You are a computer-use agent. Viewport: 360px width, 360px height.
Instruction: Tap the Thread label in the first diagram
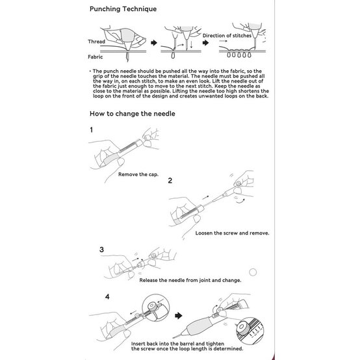(95, 41)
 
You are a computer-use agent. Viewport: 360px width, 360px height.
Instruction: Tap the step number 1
(92, 130)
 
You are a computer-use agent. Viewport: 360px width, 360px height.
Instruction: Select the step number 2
(170, 180)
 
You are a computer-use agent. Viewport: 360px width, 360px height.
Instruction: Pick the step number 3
(101, 250)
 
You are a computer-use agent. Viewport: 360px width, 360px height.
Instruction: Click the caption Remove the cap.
(140, 175)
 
